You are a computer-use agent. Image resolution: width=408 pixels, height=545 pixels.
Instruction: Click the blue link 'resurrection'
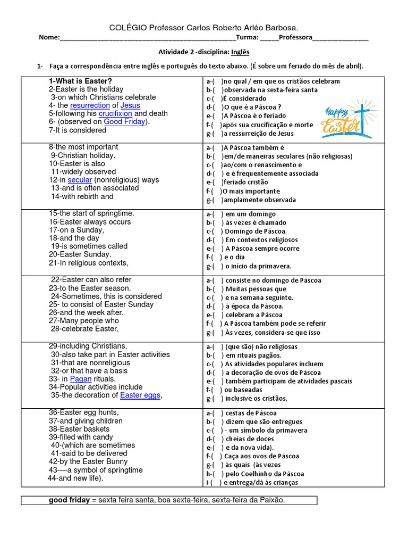(x=90, y=105)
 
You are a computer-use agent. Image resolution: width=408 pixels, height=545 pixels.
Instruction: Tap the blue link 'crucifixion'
(x=115, y=113)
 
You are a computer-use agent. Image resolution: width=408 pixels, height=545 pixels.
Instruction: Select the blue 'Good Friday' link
(x=124, y=121)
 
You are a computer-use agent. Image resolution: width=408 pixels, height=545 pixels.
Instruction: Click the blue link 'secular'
(x=80, y=180)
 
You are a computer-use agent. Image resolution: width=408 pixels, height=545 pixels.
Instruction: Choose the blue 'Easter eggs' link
(x=140, y=395)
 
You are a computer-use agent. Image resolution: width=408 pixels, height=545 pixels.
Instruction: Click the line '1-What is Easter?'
(x=80, y=81)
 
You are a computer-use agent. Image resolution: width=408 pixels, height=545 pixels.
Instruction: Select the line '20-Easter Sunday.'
(x=79, y=254)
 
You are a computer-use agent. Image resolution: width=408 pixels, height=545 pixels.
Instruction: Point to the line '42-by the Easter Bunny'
(x=88, y=461)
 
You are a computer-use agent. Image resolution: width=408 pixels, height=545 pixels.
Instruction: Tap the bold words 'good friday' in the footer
(x=69, y=500)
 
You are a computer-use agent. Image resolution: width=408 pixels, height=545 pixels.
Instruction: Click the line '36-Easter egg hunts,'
(x=84, y=412)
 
